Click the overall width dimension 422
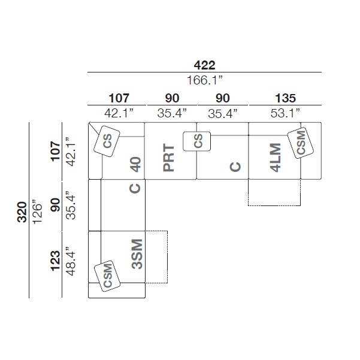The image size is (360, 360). [205, 65]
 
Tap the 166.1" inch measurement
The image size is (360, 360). [205, 80]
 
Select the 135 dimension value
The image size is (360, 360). [285, 98]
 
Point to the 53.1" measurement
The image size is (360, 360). [285, 113]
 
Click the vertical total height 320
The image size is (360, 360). [22, 212]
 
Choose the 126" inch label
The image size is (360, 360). [37, 213]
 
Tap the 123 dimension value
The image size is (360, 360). [55, 261]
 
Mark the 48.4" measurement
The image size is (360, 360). [71, 261]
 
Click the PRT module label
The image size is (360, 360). [168, 158]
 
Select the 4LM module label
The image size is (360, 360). [276, 158]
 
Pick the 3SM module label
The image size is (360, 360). [137, 254]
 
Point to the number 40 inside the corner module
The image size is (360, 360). [135, 164]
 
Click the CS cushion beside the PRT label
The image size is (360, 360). [196, 141]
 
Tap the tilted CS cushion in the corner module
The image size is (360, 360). [107, 141]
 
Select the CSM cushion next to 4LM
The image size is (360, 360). [301, 143]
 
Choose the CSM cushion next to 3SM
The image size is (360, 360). [107, 276]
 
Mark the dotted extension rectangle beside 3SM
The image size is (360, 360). [167, 257]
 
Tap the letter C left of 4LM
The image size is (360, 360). [235, 167]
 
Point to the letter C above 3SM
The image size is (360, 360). [135, 189]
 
